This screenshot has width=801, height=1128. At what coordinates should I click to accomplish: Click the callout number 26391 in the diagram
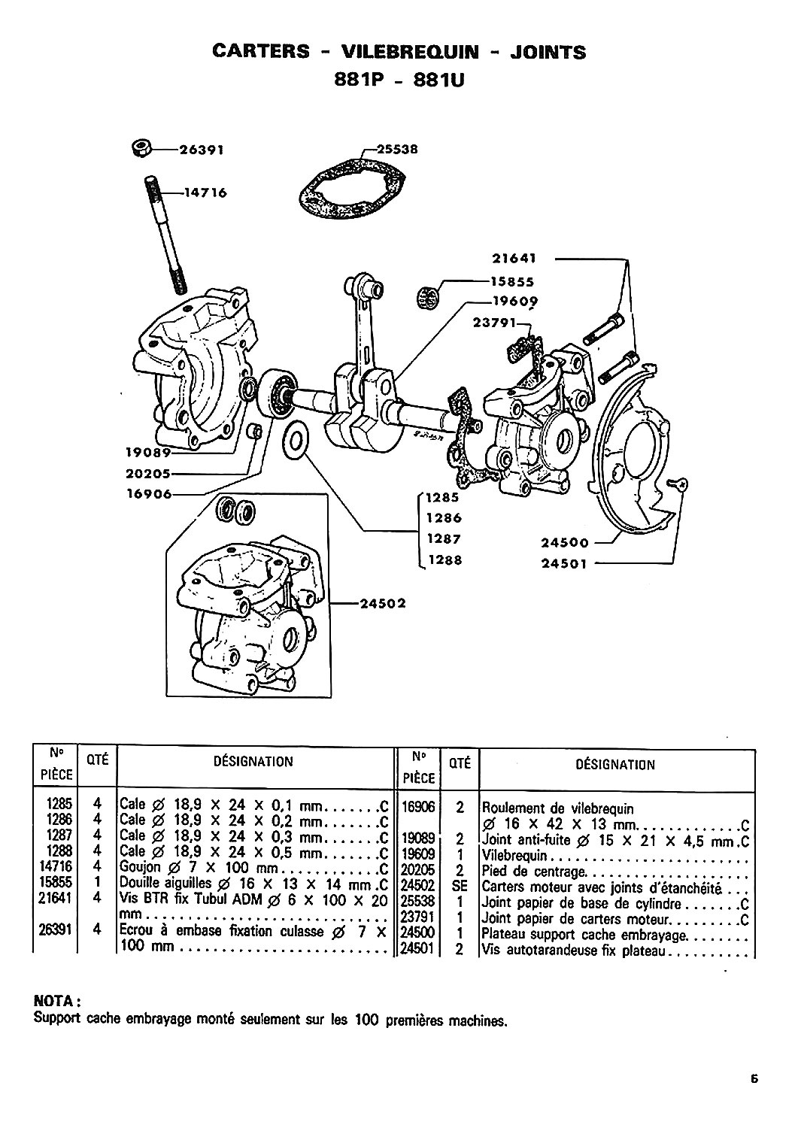click(202, 150)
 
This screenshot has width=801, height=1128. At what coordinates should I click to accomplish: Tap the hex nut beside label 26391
click(141, 149)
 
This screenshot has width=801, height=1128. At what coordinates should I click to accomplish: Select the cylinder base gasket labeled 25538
click(352, 190)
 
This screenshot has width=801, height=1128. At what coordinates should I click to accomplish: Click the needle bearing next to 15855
click(429, 296)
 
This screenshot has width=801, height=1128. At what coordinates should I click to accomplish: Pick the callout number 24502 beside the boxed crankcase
click(383, 603)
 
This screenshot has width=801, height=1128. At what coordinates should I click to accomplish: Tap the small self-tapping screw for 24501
click(678, 484)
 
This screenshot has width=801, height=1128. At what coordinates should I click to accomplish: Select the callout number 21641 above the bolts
click(514, 259)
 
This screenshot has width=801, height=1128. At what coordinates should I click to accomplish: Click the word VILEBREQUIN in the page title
click(410, 51)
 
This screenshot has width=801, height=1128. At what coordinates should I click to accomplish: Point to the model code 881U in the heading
click(438, 80)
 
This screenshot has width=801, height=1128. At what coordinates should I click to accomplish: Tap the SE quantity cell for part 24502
click(460, 886)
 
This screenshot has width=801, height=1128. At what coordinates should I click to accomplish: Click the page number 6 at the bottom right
click(754, 1075)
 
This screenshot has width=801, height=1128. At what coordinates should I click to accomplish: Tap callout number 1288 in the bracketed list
click(444, 560)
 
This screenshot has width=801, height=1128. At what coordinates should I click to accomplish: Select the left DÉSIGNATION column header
click(253, 761)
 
